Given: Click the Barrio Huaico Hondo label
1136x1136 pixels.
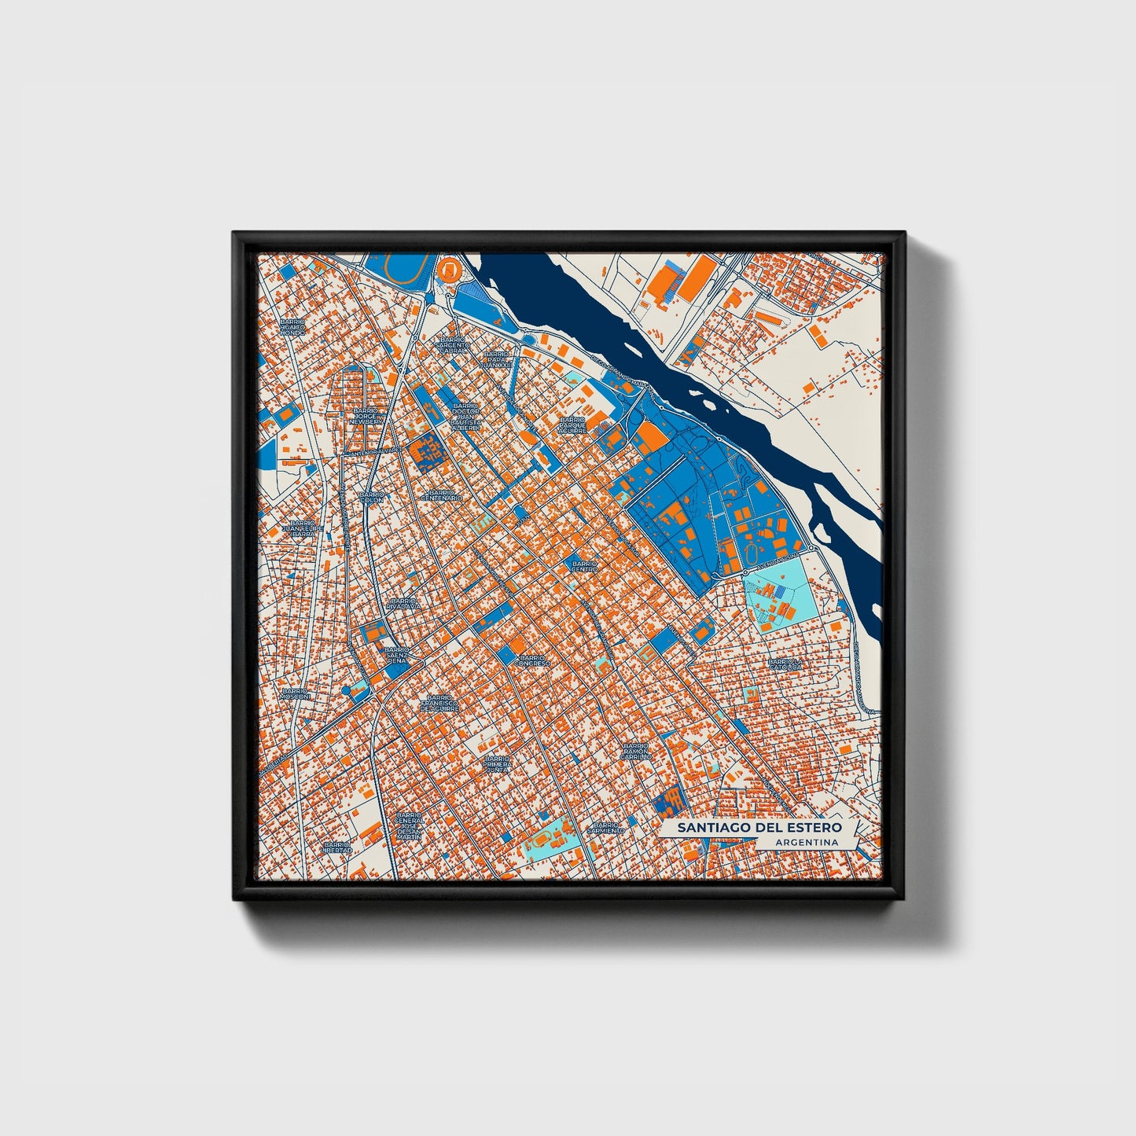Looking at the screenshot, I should (x=292, y=327).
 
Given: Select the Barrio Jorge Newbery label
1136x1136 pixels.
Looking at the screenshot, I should (x=366, y=416).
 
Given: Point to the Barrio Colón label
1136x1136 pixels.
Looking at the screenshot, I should (x=371, y=497).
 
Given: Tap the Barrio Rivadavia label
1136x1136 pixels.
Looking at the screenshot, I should (x=403, y=604).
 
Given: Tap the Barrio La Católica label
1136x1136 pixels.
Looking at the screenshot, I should (x=785, y=664).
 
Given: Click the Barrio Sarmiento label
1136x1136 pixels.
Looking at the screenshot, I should (x=606, y=827).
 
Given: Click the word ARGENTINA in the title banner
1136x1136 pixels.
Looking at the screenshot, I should (x=805, y=843).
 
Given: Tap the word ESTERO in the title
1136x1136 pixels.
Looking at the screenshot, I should (x=814, y=828).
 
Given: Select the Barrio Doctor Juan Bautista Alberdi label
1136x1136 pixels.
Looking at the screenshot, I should (x=465, y=416).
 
